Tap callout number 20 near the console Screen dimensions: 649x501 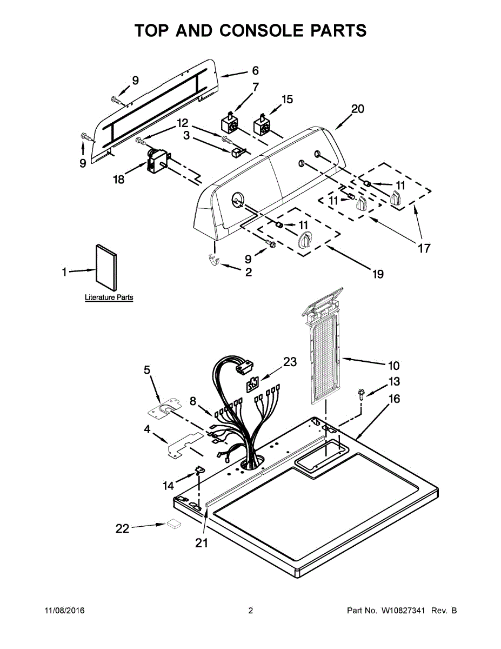[357, 109]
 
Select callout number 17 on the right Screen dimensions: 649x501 [424, 248]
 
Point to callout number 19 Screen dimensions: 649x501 [378, 274]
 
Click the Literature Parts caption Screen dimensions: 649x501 [109, 297]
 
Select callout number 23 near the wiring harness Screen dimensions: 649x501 [290, 362]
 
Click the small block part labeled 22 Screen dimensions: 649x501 [174, 524]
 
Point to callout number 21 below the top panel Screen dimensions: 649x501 [201, 543]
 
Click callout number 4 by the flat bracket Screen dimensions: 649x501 [146, 431]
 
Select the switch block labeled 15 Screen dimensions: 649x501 [262, 126]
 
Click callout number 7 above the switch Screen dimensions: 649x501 [255, 87]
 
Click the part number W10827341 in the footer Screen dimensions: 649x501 [405, 611]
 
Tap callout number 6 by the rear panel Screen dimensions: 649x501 [255, 70]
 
